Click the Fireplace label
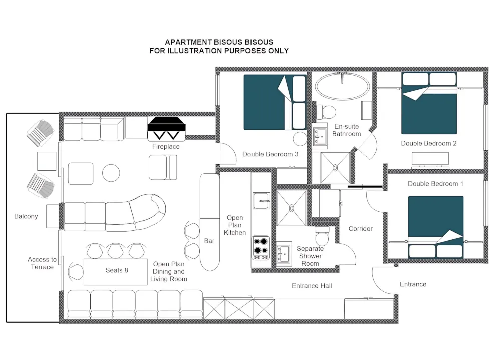click(x=166, y=147)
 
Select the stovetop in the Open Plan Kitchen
click(x=261, y=248)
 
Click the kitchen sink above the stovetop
click(x=261, y=201)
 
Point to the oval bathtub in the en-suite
click(x=342, y=86)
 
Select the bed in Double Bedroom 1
click(x=436, y=227)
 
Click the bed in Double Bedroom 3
click(x=275, y=102)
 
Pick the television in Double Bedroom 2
click(x=430, y=160)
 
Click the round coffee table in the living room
click(x=111, y=173)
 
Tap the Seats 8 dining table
click(x=116, y=272)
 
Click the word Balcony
click(x=26, y=216)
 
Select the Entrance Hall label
click(x=312, y=286)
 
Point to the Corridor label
click(x=360, y=229)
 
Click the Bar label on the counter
click(x=209, y=241)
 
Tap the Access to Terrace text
click(x=42, y=263)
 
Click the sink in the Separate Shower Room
click(x=284, y=254)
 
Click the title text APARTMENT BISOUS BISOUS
click(x=219, y=42)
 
